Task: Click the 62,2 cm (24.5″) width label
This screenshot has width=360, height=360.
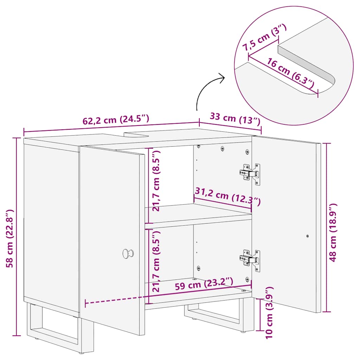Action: coord(116,120)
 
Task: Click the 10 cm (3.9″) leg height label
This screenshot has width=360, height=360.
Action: coord(270,312)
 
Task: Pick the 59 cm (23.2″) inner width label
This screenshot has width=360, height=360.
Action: coord(204,283)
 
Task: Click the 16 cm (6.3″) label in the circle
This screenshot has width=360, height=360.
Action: coord(290,73)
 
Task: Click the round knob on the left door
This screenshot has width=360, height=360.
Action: coord(127,253)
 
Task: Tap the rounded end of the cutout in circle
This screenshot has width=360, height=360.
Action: coord(330,82)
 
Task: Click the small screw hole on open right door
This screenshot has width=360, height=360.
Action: coord(308,237)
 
